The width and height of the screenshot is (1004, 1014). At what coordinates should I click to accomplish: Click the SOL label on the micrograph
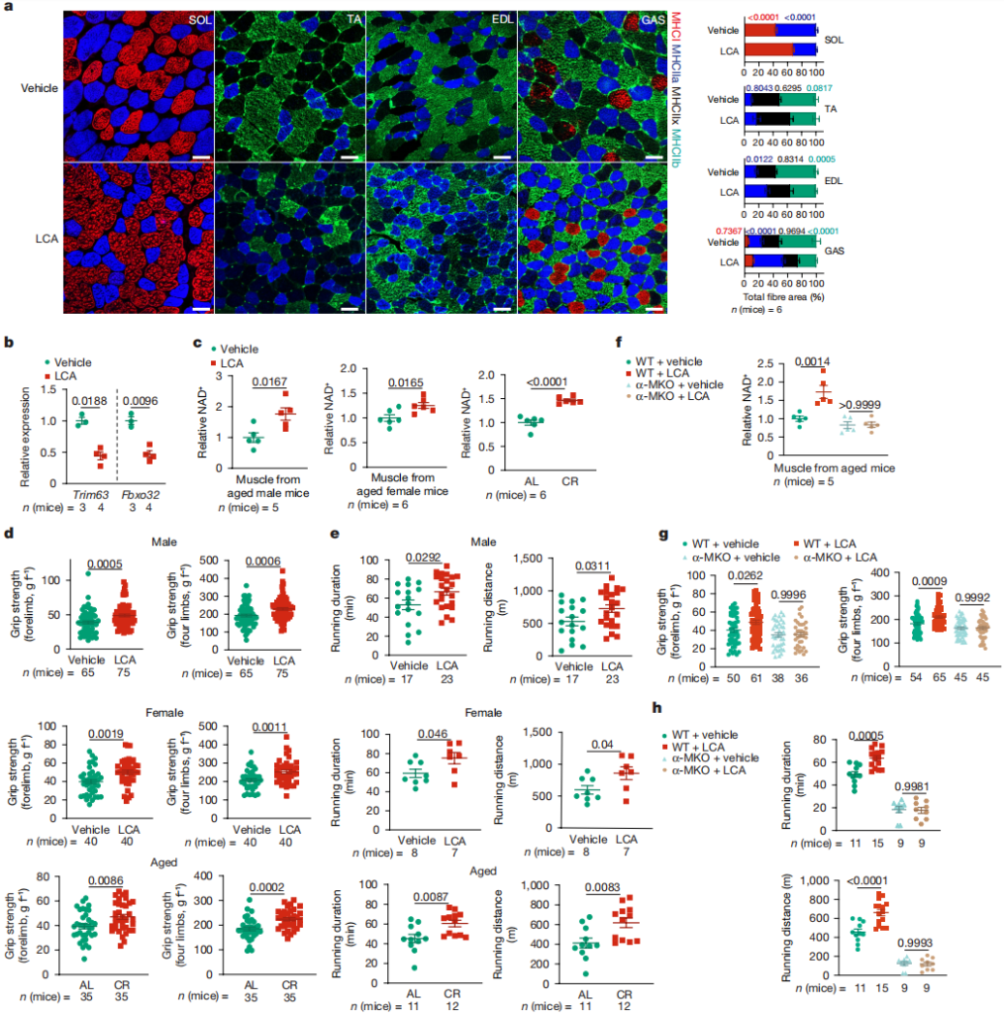pyautogui.click(x=195, y=19)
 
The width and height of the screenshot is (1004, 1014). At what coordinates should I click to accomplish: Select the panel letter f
pyautogui.click(x=620, y=342)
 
